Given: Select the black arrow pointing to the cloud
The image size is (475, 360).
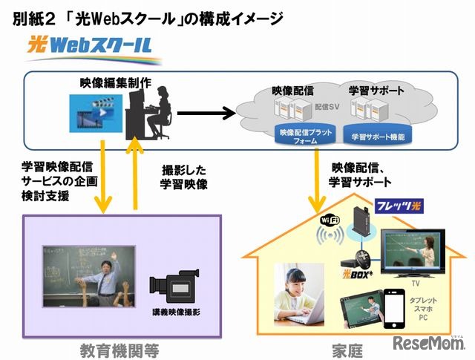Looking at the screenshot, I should (x=211, y=114).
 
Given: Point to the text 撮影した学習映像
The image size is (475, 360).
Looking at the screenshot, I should (x=183, y=176).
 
